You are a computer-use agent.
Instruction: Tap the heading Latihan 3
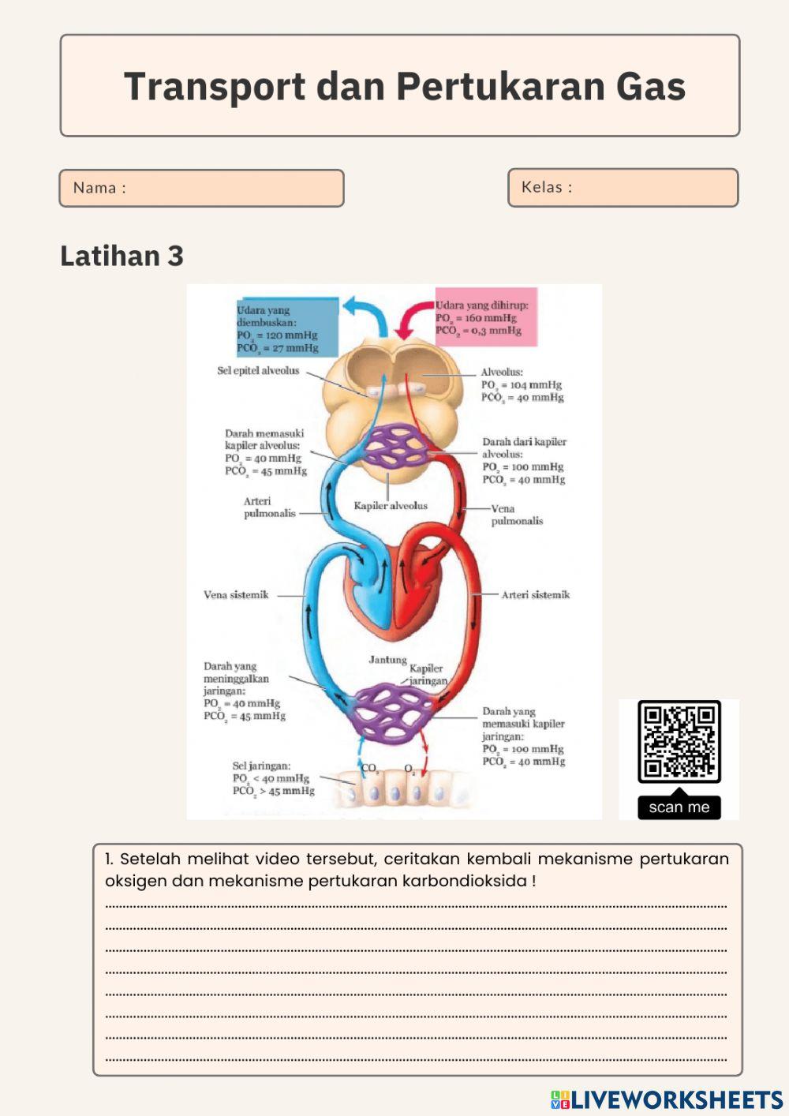tap(122, 256)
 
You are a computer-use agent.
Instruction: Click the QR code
tap(679, 741)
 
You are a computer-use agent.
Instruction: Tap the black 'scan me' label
tap(679, 807)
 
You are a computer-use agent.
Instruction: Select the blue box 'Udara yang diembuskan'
tap(287, 328)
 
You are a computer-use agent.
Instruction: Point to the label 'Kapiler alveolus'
tap(390, 506)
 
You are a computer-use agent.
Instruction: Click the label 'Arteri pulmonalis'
tap(269, 507)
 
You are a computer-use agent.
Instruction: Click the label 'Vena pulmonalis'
tap(517, 515)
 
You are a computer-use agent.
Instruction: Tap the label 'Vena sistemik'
tap(236, 595)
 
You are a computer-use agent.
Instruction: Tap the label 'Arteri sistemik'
tap(535, 595)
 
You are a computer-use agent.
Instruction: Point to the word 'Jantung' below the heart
tap(387, 660)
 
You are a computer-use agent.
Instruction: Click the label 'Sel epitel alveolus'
tap(258, 370)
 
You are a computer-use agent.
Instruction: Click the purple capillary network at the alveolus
tap(395, 446)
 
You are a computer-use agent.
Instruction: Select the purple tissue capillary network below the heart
tap(392, 711)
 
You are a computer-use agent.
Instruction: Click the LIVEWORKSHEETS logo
tap(667, 1100)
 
